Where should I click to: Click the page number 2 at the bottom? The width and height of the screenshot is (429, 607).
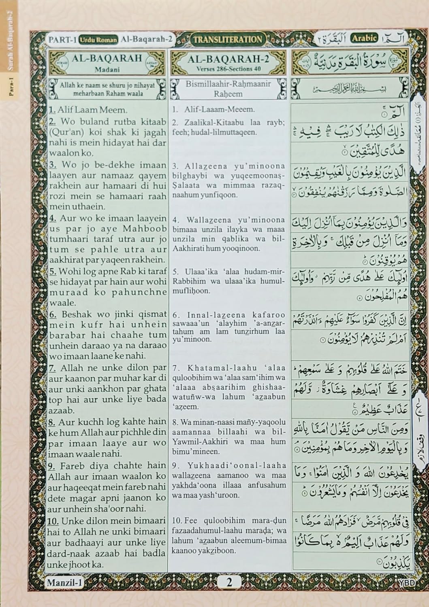pos(230,583)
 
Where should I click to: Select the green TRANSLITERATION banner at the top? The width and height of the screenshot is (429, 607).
pos(227,39)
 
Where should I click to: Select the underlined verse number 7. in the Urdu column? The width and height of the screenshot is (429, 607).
pos(53,368)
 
